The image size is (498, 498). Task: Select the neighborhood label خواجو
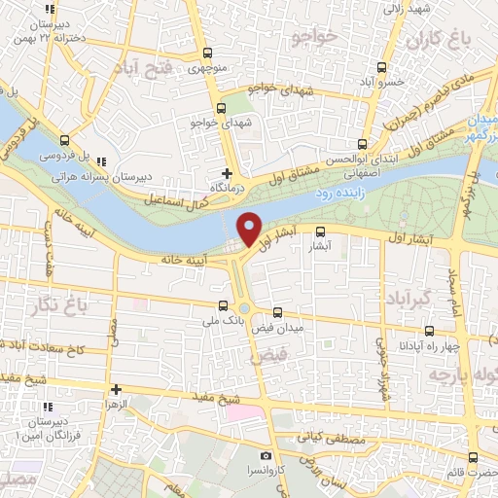pyautogui.click(x=311, y=37)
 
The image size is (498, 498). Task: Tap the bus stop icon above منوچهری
pyautogui.click(x=205, y=55)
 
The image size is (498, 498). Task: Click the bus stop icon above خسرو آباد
pyautogui.click(x=380, y=69)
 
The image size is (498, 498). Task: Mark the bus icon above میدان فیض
pyautogui.click(x=279, y=313)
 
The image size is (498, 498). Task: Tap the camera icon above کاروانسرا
pyautogui.click(x=265, y=455)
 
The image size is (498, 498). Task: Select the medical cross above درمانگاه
pyautogui.click(x=228, y=173)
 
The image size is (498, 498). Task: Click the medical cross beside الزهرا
pyautogui.click(x=115, y=388)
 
